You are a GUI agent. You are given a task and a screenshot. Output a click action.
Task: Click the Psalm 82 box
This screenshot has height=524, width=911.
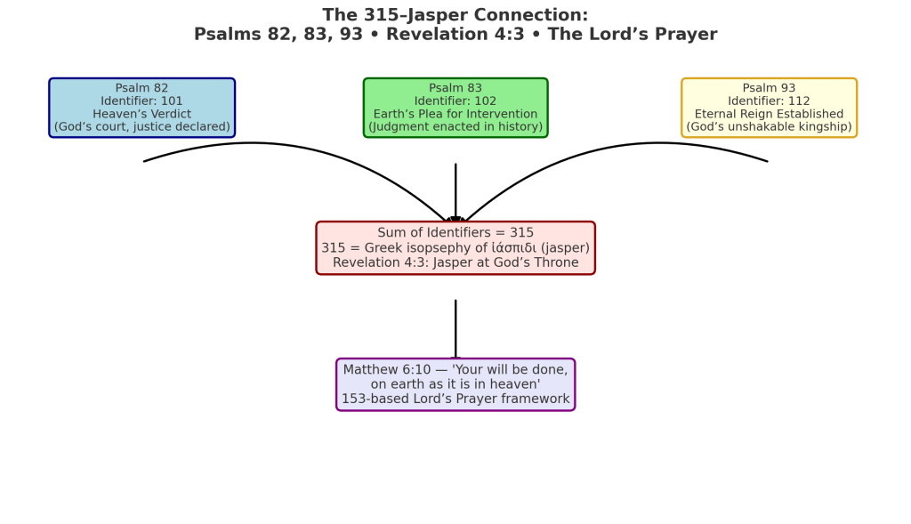[141, 108]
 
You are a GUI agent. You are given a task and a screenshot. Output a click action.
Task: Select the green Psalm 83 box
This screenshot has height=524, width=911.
[455, 108]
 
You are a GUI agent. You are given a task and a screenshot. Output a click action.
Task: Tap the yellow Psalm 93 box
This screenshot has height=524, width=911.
[769, 108]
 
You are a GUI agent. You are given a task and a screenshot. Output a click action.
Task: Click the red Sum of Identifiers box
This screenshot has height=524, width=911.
[455, 247]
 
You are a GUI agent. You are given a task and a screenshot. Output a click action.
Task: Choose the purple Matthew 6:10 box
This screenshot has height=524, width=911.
[455, 384]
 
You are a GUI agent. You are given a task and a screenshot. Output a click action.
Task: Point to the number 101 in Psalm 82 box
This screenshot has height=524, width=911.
[172, 101]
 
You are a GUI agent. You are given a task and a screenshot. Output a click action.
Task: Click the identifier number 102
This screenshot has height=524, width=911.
[485, 101]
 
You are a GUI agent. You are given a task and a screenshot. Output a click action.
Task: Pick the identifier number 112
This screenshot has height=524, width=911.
[799, 101]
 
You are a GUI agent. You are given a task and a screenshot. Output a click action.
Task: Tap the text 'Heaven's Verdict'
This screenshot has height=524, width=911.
[141, 114]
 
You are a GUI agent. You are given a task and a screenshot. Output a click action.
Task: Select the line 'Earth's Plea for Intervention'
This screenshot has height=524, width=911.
[455, 114]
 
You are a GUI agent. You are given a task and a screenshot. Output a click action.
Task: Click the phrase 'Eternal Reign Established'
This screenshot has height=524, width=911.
[769, 114]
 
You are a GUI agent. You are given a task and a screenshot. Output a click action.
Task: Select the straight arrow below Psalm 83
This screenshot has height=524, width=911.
[455, 191]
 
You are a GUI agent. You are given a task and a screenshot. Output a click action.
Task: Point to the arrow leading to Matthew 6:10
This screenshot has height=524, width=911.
[455, 329]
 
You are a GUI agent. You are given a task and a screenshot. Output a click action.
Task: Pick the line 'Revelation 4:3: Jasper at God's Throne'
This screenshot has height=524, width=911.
[455, 262]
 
